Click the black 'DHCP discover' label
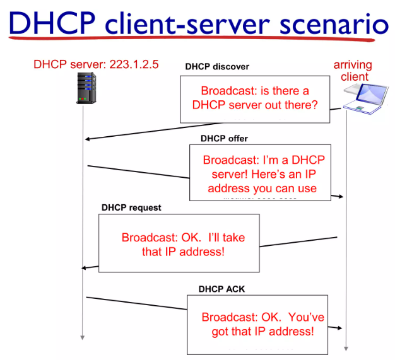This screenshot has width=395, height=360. click(216, 67)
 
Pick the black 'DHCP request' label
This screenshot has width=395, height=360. click(131, 207)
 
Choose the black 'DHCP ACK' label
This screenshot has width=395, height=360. click(221, 289)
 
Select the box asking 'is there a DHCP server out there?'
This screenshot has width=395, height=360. click(255, 98)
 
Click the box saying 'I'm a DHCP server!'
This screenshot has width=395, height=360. click(260, 172)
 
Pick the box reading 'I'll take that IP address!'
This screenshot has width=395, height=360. click(179, 243)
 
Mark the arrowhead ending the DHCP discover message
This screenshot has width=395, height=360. click(88, 139)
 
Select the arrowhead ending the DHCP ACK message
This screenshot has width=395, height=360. click(340, 328)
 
